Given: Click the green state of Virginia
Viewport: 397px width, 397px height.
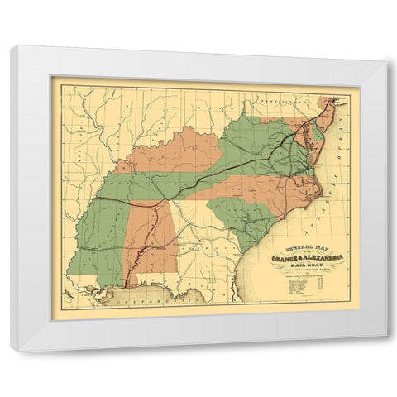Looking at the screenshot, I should (265, 141).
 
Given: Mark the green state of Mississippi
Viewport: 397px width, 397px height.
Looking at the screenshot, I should (99, 240).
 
